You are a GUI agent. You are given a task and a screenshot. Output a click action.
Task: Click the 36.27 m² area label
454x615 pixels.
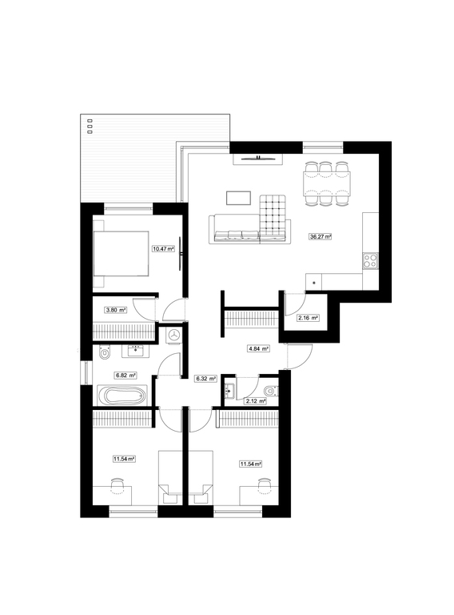pyautogui.click(x=321, y=236)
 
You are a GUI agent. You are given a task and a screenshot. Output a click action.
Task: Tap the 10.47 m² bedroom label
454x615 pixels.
pyautogui.click(x=163, y=249)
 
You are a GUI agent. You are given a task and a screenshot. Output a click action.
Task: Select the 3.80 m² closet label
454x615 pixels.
pyautogui.click(x=116, y=310)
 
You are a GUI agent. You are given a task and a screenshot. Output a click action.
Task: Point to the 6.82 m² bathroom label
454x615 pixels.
pyautogui.click(x=125, y=375)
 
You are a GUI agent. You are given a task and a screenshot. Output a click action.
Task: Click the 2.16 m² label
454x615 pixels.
pyautogui.click(x=308, y=318)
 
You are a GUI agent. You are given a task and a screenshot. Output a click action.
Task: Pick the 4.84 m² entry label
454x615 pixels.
pyautogui.click(x=258, y=348)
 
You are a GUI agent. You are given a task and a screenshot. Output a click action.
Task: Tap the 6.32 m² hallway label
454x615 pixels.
pyautogui.click(x=206, y=379)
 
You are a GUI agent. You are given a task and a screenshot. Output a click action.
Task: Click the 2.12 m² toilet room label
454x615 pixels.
pyautogui.click(x=256, y=401)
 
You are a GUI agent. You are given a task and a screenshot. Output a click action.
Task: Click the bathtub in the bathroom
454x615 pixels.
pyautogui.click(x=121, y=396)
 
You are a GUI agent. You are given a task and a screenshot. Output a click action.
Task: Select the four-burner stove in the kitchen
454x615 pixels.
pyautogui.click(x=370, y=261)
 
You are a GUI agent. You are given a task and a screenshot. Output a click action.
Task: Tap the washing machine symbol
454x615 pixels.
pyautogui.click(x=174, y=335)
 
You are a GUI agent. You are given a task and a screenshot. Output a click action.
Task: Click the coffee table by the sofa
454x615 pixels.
pyautogui.click(x=238, y=198)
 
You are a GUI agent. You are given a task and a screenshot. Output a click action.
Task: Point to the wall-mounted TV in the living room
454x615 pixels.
pyautogui.click(x=258, y=159)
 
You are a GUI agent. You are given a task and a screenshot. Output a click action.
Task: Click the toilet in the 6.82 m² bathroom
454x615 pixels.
pyautogui.click(x=105, y=352)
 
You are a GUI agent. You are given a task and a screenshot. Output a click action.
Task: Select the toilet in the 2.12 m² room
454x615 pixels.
pyautogui.click(x=271, y=391)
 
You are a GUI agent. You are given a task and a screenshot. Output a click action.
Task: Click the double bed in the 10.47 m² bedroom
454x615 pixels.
pyautogui.click(x=121, y=253)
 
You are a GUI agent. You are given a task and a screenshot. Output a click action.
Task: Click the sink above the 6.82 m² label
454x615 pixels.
pyautogui.click(x=135, y=350)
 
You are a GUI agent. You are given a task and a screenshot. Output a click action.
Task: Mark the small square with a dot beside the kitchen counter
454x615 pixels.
pyautogui.click(x=313, y=282)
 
